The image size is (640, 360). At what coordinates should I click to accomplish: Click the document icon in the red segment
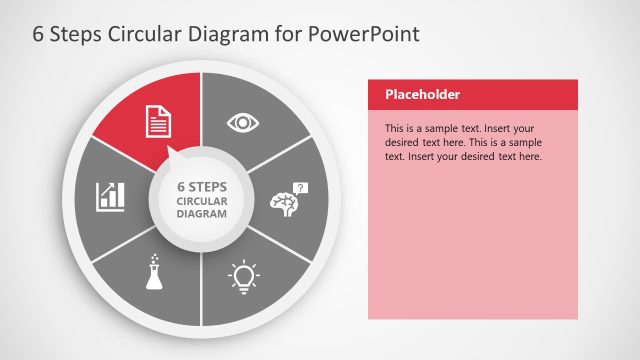159,121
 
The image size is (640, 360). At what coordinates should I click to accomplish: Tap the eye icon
242,122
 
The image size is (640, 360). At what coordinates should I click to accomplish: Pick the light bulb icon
244,275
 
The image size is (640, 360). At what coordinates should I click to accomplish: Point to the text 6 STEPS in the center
202,186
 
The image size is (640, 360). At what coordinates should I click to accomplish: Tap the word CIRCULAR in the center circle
202,200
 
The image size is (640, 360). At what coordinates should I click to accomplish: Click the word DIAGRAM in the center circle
202,213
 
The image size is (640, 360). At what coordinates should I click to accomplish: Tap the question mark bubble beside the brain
302,187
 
